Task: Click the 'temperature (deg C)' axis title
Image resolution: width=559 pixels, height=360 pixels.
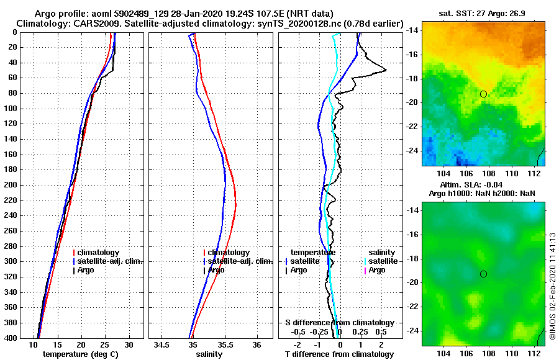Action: click(81, 354)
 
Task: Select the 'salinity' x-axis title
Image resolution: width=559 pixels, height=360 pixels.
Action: click(209, 354)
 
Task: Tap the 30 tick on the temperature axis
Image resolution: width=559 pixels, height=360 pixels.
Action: click(129, 344)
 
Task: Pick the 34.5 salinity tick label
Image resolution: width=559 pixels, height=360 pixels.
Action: click(162, 344)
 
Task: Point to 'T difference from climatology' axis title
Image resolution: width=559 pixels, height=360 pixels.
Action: click(339, 354)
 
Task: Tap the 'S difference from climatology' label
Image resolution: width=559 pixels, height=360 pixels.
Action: click(339, 322)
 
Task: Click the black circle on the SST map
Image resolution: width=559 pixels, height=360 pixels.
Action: click(483, 94)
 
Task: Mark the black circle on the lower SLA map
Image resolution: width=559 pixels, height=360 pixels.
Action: click(483, 274)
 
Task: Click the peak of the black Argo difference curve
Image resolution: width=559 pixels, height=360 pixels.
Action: click(386, 70)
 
